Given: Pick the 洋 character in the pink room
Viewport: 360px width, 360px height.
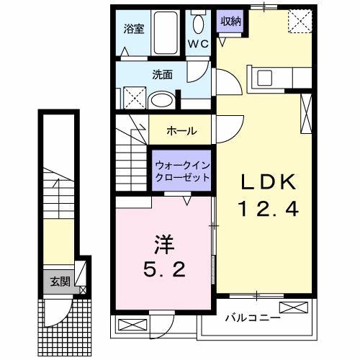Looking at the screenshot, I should [163, 241].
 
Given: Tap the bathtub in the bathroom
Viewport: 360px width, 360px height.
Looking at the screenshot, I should [170, 32].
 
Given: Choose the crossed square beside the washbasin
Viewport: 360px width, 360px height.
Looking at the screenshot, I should [132, 96].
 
